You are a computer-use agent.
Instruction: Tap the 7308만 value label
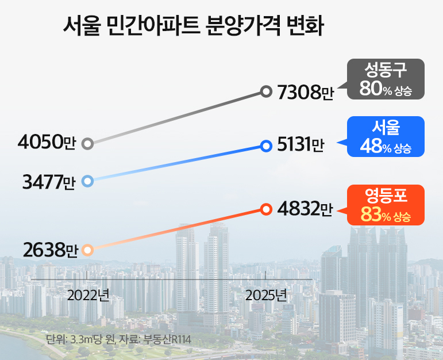[x=305, y=91]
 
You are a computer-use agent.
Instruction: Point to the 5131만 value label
[x=300, y=146]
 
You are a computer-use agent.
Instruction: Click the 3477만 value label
[x=49, y=182]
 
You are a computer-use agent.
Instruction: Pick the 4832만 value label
[x=305, y=209]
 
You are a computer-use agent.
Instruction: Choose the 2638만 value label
[x=51, y=250]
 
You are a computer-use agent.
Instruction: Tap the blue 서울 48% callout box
[x=386, y=137]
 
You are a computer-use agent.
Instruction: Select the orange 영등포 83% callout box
[x=386, y=205]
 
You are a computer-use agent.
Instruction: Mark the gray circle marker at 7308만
[x=265, y=91]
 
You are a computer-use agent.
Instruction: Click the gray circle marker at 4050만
[x=87, y=143]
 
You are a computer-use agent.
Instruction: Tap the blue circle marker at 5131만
[x=265, y=146]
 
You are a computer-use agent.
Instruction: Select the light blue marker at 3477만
[x=87, y=182]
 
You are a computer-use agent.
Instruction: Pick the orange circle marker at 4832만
[x=265, y=209]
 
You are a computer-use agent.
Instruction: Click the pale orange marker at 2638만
[x=87, y=250]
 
